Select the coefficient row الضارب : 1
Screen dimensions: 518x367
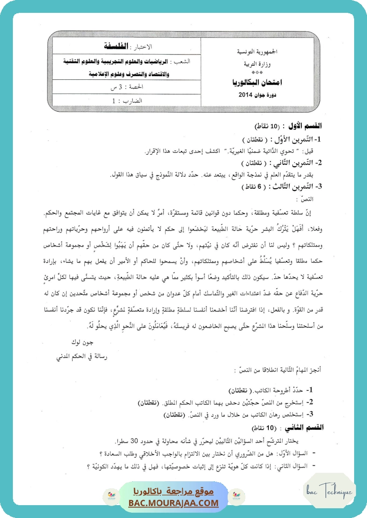click(126, 101)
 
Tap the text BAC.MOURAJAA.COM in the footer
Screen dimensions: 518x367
click(174, 503)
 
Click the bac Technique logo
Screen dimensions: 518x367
click(330, 491)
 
